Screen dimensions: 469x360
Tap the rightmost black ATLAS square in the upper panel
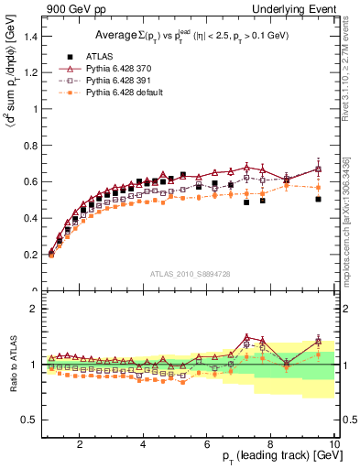pyautogui.click(x=318, y=199)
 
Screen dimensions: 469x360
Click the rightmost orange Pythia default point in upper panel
pyautogui.click(x=318, y=187)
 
